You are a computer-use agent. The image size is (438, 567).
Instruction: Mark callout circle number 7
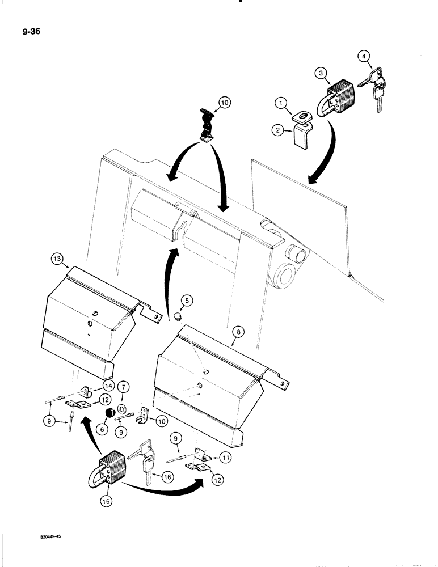pos(125,387)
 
